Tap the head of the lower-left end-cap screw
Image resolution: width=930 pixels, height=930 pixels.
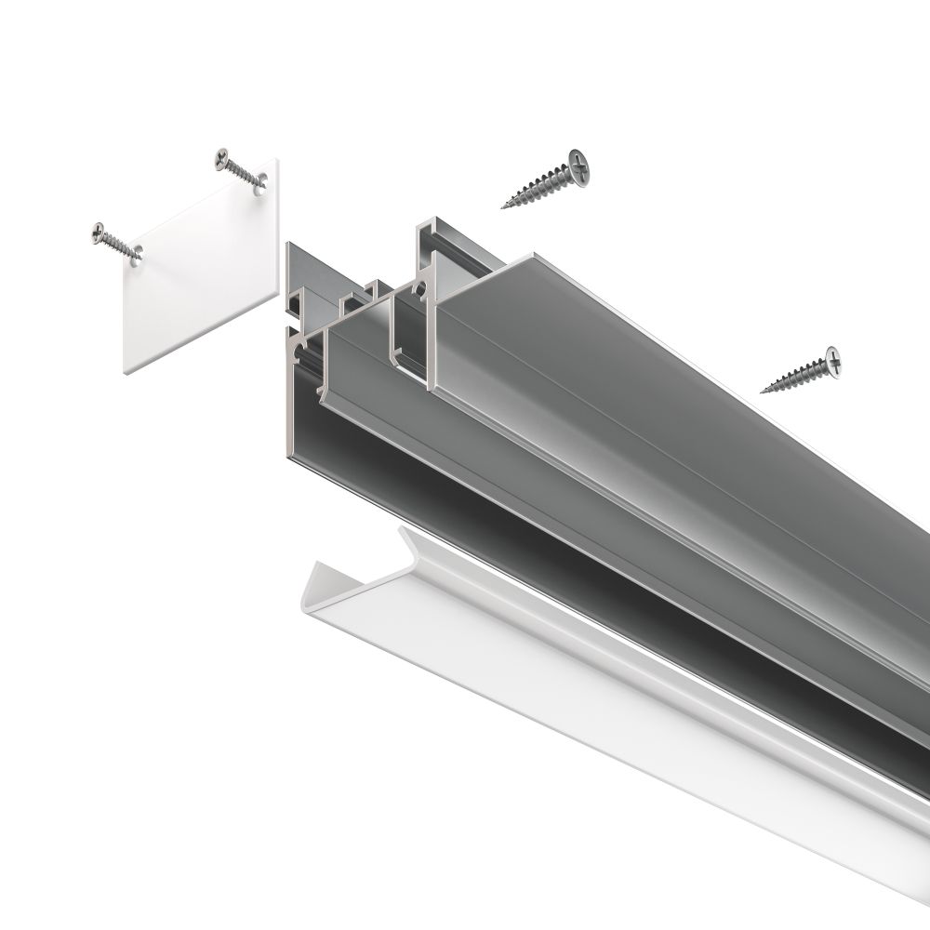pos(100,232)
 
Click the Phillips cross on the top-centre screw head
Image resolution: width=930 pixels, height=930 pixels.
pos(580,168)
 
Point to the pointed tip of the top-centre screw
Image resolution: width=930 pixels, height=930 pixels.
pos(504,206)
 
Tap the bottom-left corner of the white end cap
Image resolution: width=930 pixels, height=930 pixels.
pos(126,372)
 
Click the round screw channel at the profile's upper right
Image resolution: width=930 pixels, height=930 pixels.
pos(424,290)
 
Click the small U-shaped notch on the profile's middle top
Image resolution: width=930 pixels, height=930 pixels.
pos(357,298)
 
